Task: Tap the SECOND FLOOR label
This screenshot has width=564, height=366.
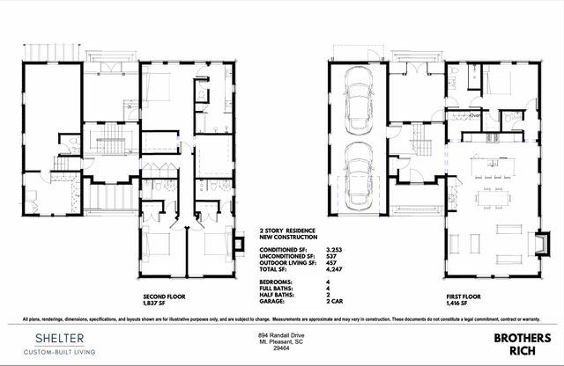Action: pyautogui.click(x=165, y=296)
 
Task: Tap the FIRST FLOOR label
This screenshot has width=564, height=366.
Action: pyautogui.click(x=455, y=296)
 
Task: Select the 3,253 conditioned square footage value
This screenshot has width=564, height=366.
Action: pyautogui.click(x=336, y=250)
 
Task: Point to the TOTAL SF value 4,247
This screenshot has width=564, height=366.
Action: pyautogui.click(x=336, y=268)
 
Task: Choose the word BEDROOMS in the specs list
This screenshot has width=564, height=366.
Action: pyautogui.click(x=278, y=282)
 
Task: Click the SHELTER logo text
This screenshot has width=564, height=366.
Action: pyautogui.click(x=59, y=339)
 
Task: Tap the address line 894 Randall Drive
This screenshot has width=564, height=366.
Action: pyautogui.click(x=282, y=335)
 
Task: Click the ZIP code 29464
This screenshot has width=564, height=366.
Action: pyautogui.click(x=282, y=348)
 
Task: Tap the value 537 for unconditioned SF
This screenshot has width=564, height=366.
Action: pyautogui.click(x=333, y=256)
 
